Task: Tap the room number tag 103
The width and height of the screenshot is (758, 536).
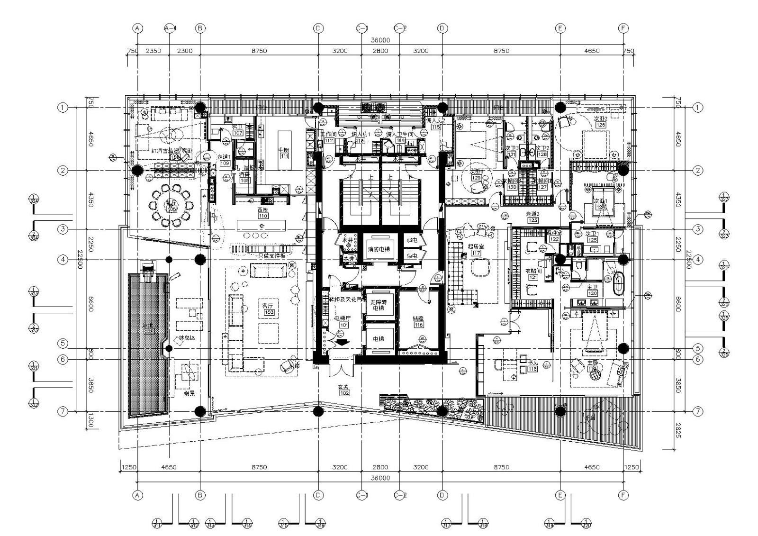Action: point(269,312)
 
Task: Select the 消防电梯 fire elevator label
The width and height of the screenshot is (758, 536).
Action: point(381,249)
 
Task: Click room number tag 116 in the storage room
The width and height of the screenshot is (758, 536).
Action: point(418,325)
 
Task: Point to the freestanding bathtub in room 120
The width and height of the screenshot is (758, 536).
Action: point(619,282)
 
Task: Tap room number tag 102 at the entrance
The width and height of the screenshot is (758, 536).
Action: point(344,393)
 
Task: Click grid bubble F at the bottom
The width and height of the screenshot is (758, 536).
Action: point(623,495)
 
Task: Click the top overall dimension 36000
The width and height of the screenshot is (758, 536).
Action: point(380,41)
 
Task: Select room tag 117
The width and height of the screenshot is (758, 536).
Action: point(475,253)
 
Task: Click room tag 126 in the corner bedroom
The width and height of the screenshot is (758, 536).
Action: point(600,125)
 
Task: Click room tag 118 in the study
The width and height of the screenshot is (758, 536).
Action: point(532,369)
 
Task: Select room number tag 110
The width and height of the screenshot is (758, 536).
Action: point(263,216)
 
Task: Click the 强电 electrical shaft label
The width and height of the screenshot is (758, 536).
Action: point(411,240)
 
